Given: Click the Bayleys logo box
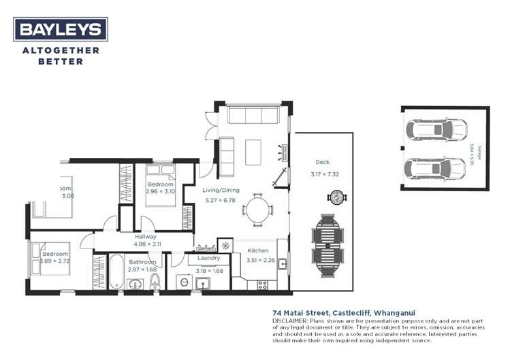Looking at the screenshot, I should pyautogui.click(x=61, y=29).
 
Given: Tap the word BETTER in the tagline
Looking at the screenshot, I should pyautogui.click(x=61, y=61).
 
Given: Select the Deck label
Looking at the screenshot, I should pyautogui.click(x=322, y=162).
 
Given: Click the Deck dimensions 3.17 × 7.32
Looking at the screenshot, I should pyautogui.click(x=324, y=174).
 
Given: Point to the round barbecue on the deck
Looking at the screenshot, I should pyautogui.click(x=336, y=198).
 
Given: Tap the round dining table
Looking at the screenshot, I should pyautogui.click(x=257, y=209).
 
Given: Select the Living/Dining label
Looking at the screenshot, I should pyautogui.click(x=221, y=191).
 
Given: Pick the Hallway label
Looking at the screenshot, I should pyautogui.click(x=145, y=236).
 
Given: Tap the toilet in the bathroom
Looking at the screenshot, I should pyautogui.click(x=155, y=280).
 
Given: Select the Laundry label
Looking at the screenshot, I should pyautogui.click(x=208, y=258).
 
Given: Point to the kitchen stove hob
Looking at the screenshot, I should pyautogui.click(x=263, y=284).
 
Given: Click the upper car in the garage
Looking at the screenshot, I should pyautogui.click(x=436, y=129).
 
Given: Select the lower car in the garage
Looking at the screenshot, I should pyautogui.click(x=436, y=167).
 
